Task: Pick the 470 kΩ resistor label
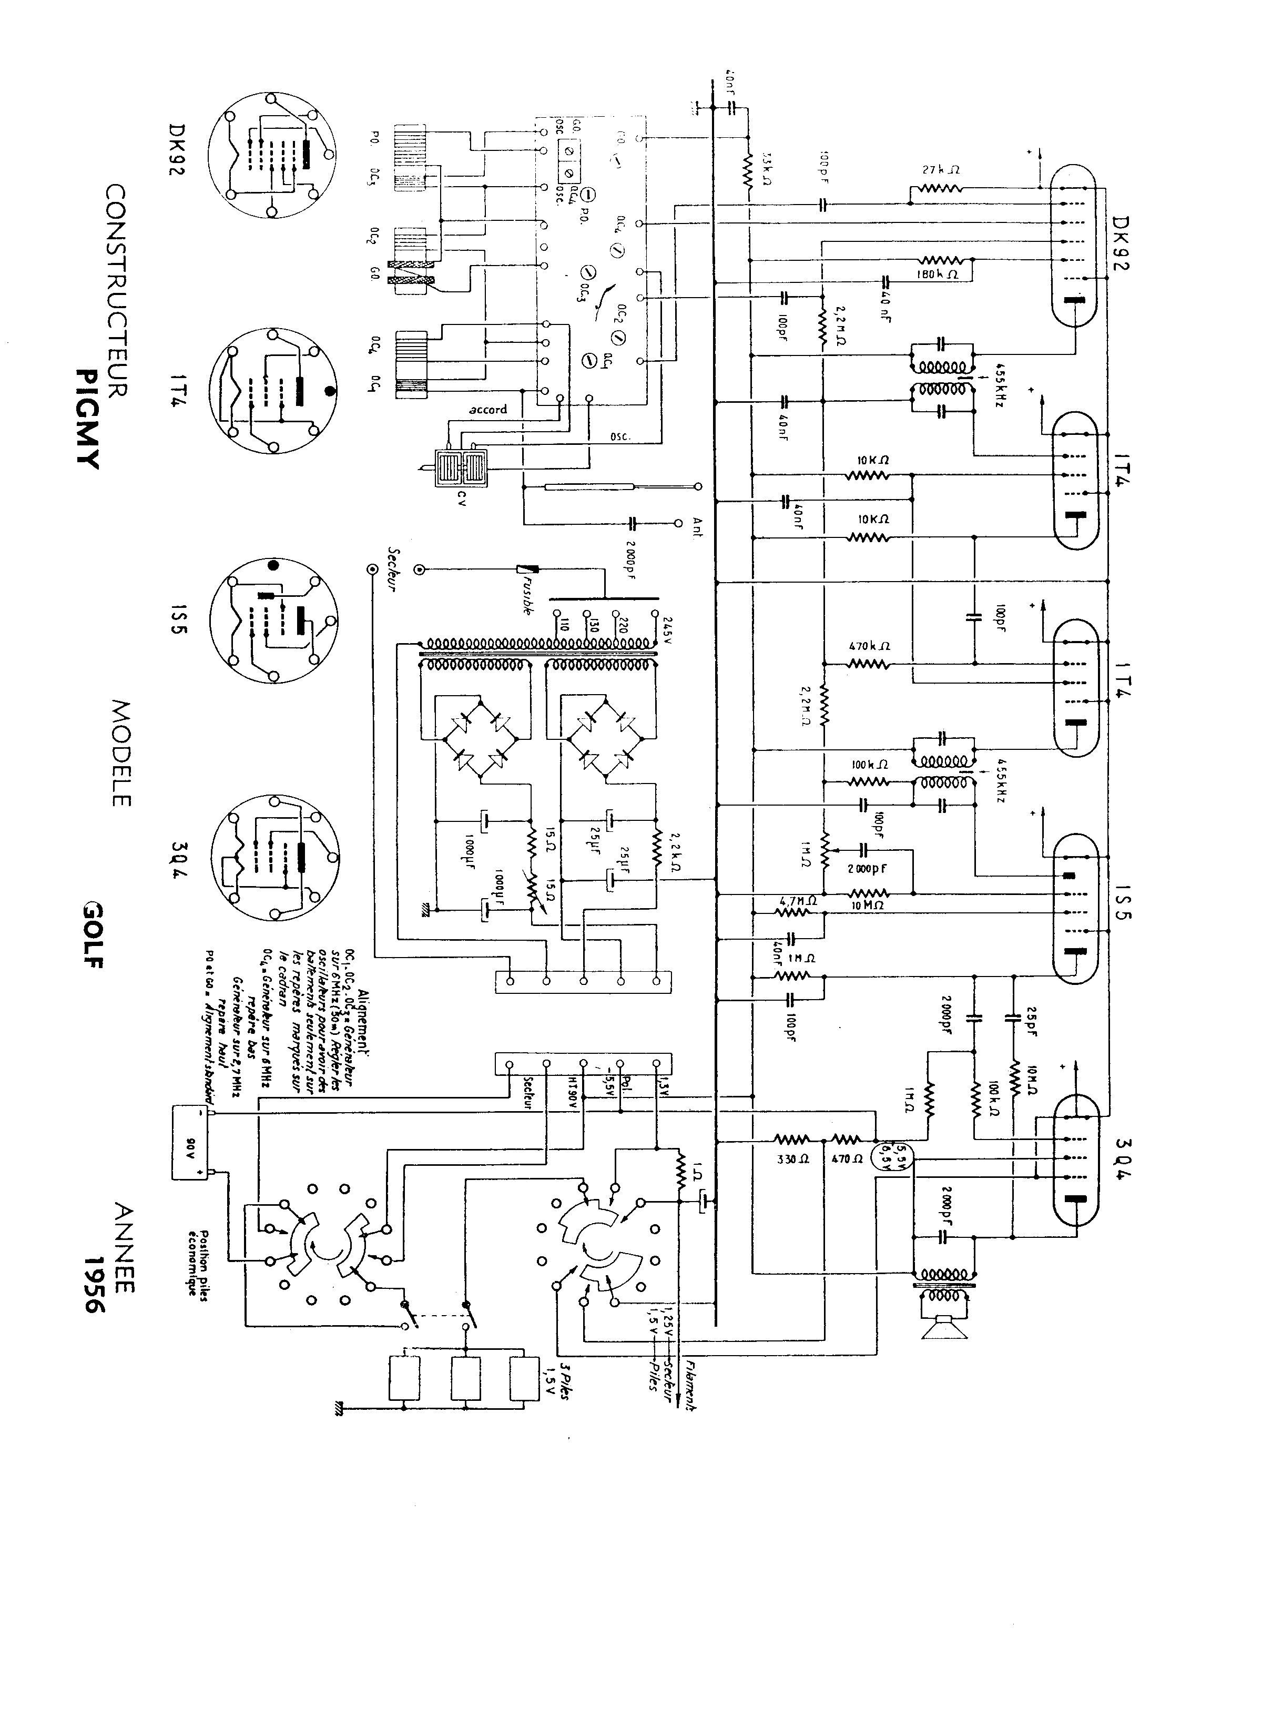(869, 646)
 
